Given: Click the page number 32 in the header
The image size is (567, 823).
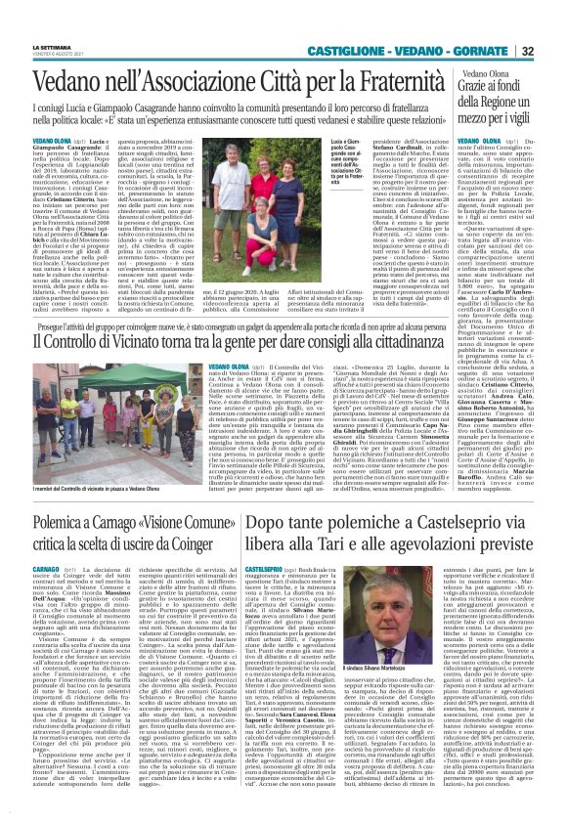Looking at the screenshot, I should coord(554,51).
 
